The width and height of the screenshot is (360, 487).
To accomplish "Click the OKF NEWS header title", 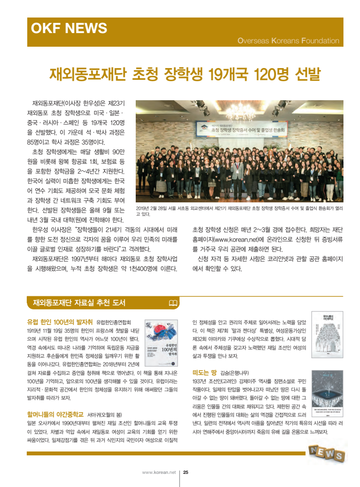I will point(69,28).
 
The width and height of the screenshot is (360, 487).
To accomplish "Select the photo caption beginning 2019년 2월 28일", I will point(239,210).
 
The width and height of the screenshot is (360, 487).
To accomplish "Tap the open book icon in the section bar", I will point(173,303).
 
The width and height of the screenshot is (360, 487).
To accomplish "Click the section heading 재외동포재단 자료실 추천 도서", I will point(79,303).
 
